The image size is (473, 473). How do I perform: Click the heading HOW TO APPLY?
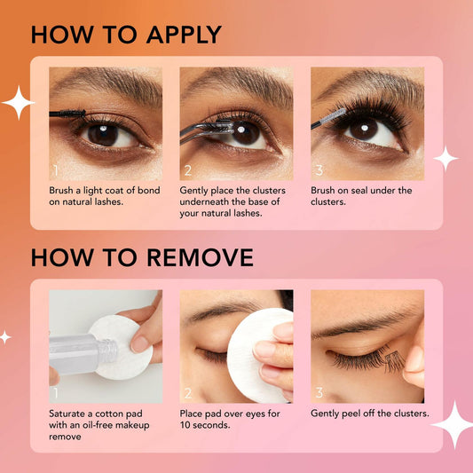click(126, 35)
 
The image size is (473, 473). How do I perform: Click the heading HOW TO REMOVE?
click(142, 257)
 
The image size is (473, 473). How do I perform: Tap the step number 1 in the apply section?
click(55, 169)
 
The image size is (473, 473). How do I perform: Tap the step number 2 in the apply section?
click(187, 169)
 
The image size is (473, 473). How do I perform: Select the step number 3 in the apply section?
click(318, 169)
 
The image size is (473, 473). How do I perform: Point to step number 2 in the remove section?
click(187, 391)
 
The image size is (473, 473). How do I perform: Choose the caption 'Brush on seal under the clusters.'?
click(361, 196)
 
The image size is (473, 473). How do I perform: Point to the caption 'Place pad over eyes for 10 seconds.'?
click(230, 419)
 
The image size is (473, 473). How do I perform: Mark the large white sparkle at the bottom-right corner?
click(453, 425)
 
